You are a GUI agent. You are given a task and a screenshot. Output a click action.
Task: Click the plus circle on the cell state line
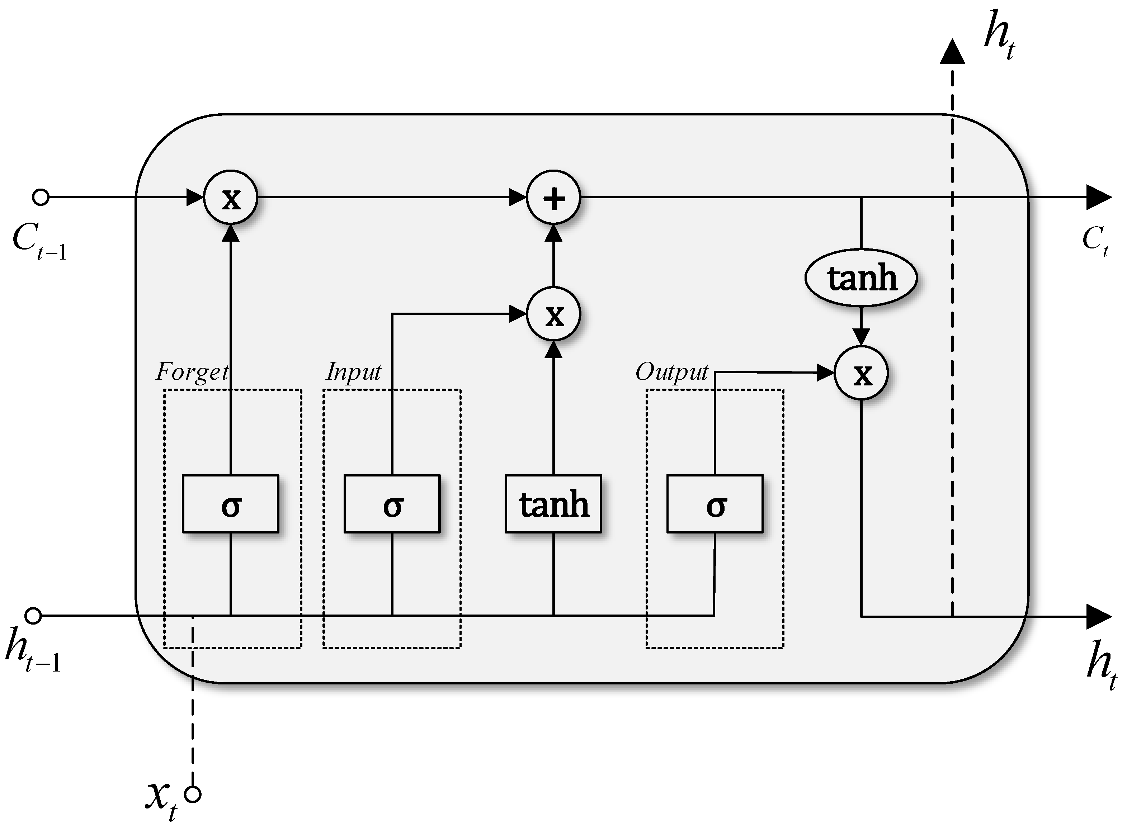[553, 198]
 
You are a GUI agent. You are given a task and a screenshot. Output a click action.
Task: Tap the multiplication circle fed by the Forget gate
[231, 198]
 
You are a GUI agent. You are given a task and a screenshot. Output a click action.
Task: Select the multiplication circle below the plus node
[553, 314]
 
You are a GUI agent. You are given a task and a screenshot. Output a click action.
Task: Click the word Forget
[192, 372]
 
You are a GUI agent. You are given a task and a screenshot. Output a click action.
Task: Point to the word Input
[353, 372]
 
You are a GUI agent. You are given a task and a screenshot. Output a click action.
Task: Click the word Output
[671, 372]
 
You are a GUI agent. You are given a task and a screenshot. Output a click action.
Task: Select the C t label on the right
[1094, 240]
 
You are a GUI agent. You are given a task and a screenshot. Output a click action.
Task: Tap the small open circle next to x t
[193, 795]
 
